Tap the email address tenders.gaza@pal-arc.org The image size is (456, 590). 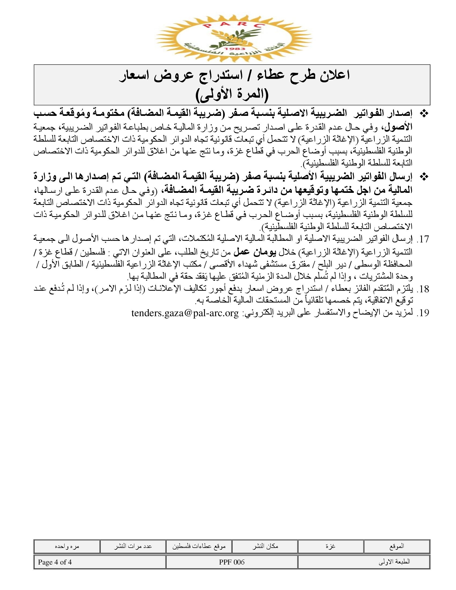[185, 313]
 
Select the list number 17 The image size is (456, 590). [423, 239]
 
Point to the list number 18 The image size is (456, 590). [423, 289]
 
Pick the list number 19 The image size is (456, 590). [423, 313]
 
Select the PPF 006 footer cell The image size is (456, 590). [232, 562]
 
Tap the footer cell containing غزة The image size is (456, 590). [330, 546]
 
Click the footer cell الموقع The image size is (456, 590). [396, 546]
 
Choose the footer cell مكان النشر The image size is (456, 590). [265, 546]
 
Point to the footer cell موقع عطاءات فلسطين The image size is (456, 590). [199, 546]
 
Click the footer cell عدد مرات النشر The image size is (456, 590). [133, 546]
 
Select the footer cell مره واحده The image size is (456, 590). [67, 546]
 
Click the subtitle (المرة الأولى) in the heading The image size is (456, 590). [232, 95]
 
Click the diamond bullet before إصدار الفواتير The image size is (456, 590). [424, 114]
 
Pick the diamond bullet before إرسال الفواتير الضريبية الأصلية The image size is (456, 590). [424, 177]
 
